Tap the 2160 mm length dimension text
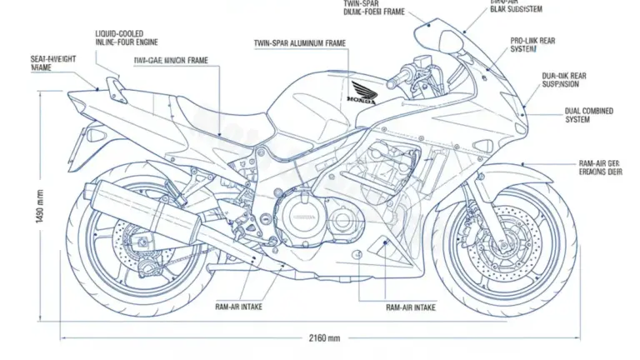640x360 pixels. pos(323,337)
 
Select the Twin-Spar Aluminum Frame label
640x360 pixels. pos(301,42)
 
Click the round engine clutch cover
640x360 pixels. pos(298,219)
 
